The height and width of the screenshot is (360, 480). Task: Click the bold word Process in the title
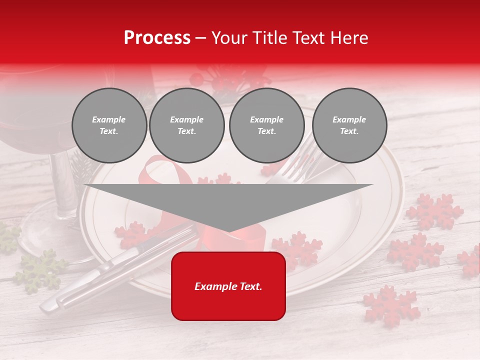pyautogui.click(x=157, y=38)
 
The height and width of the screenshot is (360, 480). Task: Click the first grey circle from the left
pyautogui.click(x=109, y=125)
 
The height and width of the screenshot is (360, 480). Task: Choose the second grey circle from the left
pyautogui.click(x=186, y=125)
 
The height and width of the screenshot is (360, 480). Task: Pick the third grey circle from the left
pyautogui.click(x=266, y=125)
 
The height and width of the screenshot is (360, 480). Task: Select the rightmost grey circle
pyautogui.click(x=349, y=125)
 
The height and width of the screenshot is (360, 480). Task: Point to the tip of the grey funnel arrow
pyautogui.click(x=228, y=231)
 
